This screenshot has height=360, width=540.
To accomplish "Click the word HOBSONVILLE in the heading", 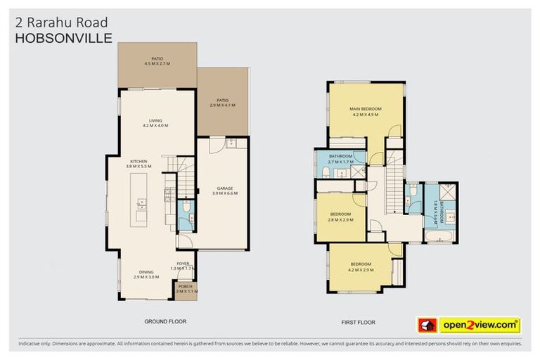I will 63,38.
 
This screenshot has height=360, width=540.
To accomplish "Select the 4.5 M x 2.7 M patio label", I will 157,61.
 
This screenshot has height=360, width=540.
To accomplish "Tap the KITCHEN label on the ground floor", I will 139,163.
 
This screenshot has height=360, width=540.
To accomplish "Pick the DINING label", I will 146,274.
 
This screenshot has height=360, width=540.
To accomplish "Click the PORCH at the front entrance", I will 185,288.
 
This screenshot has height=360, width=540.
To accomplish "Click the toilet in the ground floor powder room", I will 184,209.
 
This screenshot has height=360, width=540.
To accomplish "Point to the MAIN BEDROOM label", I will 365,111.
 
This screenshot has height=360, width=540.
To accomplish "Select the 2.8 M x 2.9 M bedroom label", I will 340,217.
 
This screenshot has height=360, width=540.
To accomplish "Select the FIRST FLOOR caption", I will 359,322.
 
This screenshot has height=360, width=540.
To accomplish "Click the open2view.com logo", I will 479,325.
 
